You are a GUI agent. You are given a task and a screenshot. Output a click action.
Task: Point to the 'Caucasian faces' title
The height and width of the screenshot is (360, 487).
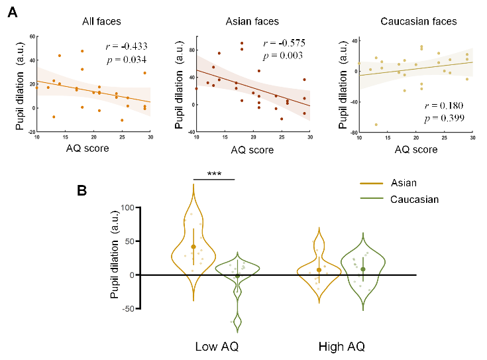[418, 22]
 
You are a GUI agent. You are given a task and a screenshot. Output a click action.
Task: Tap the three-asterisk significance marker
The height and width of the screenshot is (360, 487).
[214, 174]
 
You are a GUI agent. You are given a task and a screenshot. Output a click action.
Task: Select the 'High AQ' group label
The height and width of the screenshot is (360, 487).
[341, 347]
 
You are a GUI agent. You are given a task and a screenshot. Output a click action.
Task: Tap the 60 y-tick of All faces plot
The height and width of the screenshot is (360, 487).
[32, 35]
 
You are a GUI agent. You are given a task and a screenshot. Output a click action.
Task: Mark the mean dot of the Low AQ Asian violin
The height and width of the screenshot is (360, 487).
[193, 247]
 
